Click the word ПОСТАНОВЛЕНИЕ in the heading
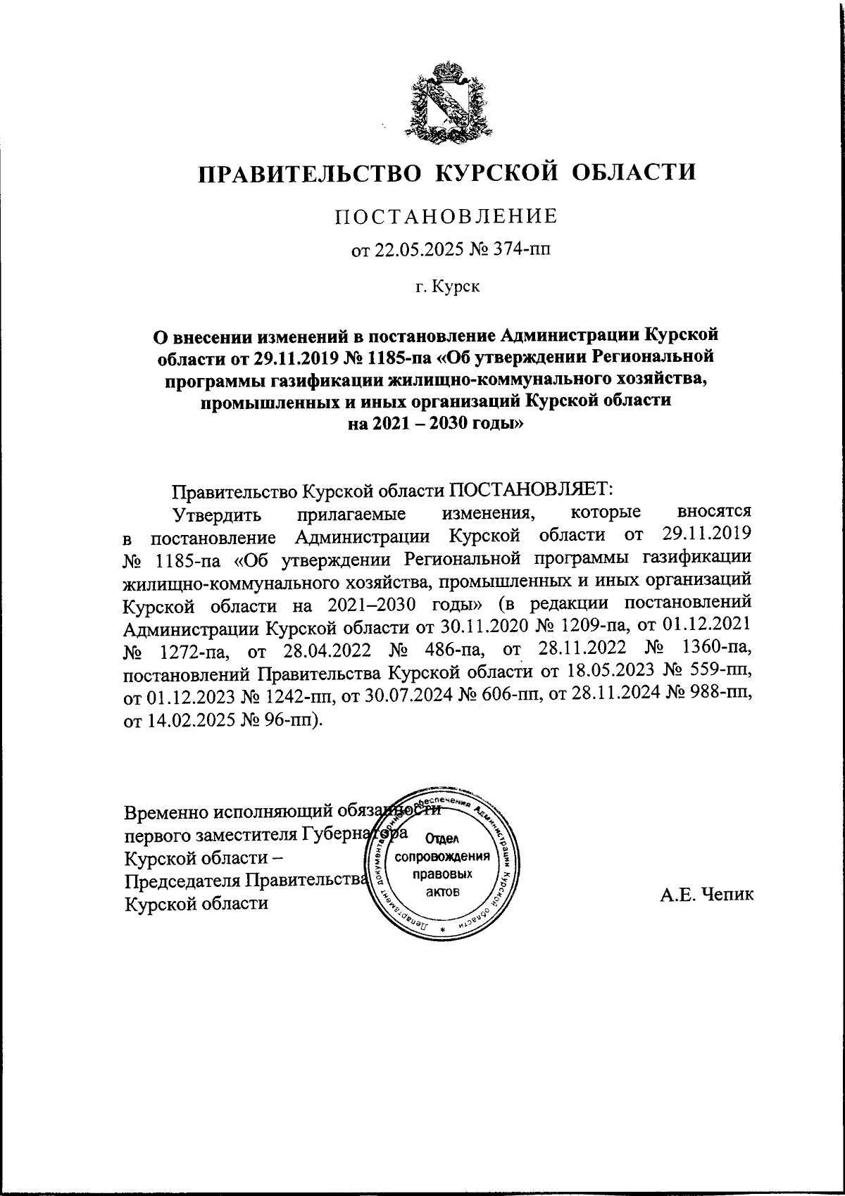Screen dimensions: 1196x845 pos(445,217)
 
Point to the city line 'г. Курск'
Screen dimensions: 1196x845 pos(446,287)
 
